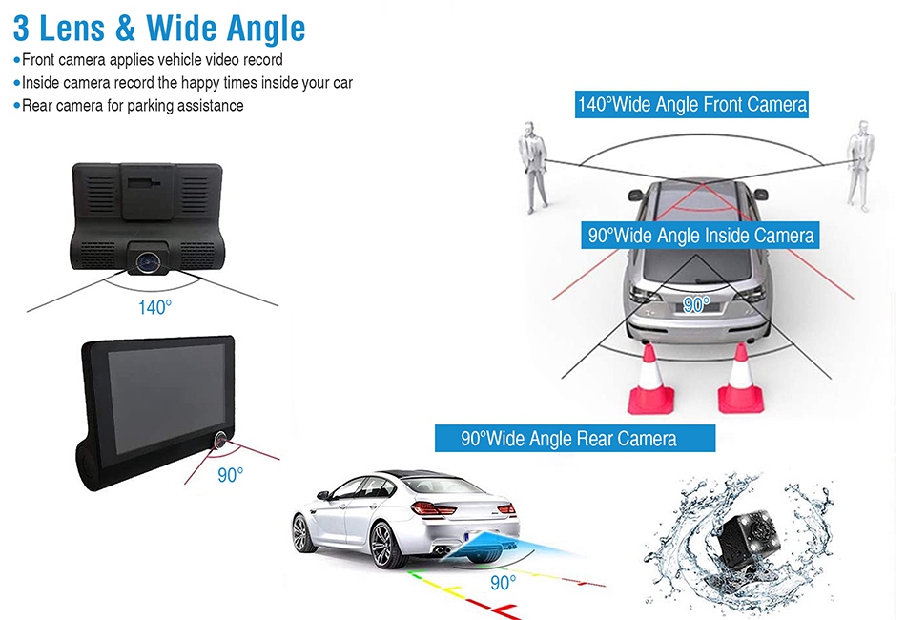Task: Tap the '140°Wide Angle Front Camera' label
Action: point(692,104)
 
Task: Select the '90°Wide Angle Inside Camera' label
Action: point(701,235)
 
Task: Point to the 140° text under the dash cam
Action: point(154,308)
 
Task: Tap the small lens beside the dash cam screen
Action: point(218,441)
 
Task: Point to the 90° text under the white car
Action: point(503,583)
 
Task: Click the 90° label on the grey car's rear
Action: point(697,305)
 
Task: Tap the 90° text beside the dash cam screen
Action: point(230,474)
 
